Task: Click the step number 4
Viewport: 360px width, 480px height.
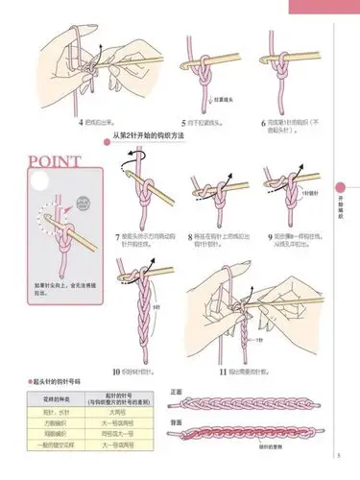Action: [x=80, y=123]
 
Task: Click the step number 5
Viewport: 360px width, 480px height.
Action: [x=183, y=123]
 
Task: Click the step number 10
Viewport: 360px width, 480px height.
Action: [x=114, y=370]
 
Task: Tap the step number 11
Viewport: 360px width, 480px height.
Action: [x=220, y=370]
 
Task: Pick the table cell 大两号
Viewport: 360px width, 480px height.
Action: [x=117, y=411]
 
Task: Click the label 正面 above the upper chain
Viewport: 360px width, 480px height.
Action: [x=176, y=393]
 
